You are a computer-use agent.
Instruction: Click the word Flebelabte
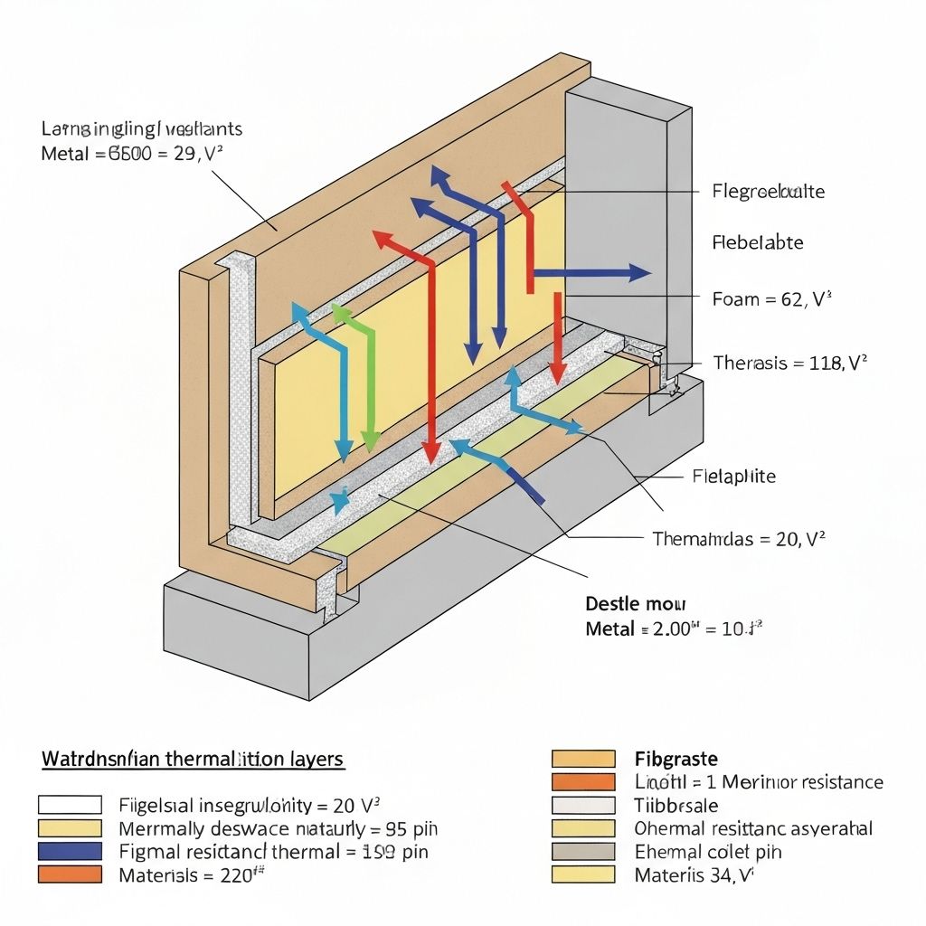758,242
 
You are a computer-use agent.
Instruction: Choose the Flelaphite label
733,476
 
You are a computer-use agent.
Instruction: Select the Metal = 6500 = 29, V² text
132,154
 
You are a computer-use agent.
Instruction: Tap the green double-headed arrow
358,376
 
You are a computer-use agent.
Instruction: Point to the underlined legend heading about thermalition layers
193,759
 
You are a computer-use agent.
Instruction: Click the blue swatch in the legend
70,851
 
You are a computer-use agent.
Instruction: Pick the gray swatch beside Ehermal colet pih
582,851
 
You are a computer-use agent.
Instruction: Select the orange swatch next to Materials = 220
70,874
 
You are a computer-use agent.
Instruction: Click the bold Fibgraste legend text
676,759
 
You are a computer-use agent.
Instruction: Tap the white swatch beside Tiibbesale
582,805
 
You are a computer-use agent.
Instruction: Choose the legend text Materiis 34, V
694,874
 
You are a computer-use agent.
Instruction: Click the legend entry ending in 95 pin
279,827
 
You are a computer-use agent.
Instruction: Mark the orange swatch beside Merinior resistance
582,781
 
